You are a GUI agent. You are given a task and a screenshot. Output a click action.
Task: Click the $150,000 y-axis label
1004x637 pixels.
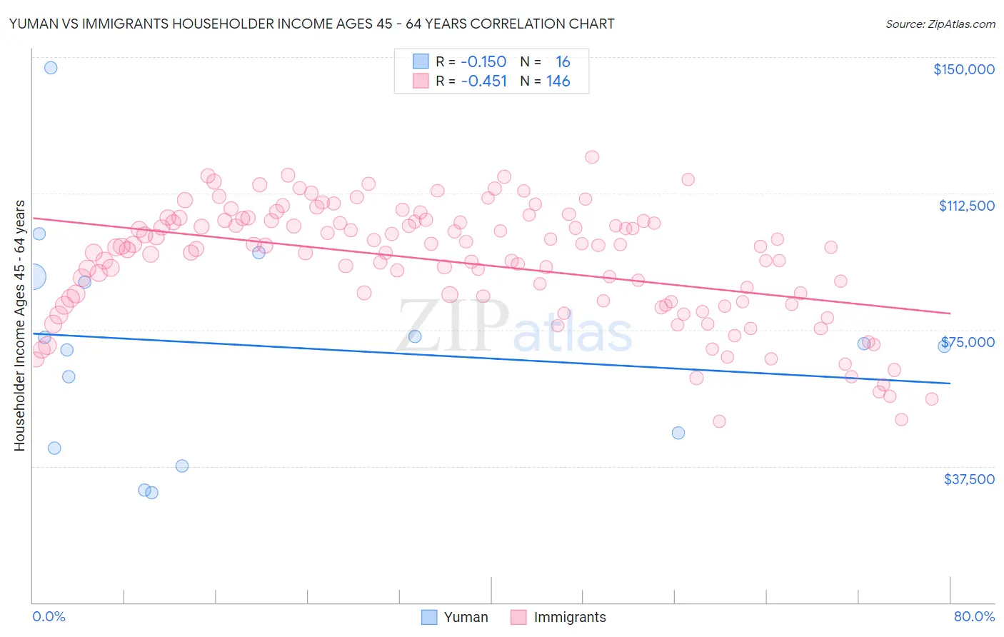[x=963, y=69]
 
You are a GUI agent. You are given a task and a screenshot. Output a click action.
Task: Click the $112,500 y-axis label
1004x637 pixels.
[x=966, y=206]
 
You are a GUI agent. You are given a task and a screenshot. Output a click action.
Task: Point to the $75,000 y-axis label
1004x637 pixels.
[x=968, y=342]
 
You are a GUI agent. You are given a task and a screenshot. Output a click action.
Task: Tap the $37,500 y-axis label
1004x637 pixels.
[x=969, y=479]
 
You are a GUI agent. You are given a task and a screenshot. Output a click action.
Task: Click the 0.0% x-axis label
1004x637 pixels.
[x=49, y=616]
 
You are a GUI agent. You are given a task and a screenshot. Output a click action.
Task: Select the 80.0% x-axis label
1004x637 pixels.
[x=974, y=616]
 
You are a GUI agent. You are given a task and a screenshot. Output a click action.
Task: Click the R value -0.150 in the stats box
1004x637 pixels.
[x=483, y=62]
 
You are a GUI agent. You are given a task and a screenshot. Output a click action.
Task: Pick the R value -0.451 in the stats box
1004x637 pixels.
[x=483, y=81]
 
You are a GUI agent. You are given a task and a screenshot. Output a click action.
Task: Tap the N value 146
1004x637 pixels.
[x=558, y=81]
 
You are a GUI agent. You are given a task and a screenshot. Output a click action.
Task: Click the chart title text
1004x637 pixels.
[x=311, y=24]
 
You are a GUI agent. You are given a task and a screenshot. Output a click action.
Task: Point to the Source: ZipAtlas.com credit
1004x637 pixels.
[x=940, y=24]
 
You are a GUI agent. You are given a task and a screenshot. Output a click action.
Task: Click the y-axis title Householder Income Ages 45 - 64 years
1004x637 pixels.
[x=19, y=326]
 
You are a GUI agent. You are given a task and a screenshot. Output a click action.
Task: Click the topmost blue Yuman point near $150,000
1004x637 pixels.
[x=51, y=68]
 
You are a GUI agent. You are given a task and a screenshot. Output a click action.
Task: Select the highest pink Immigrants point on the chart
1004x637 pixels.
[x=591, y=157]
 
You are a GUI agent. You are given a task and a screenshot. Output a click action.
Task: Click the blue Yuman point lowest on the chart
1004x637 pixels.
[x=151, y=492]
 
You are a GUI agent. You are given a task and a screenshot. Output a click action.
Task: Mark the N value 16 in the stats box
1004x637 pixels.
[x=563, y=62]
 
